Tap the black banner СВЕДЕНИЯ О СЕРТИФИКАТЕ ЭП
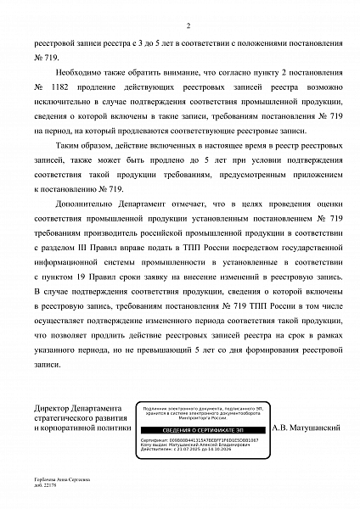[x=199, y=432]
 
